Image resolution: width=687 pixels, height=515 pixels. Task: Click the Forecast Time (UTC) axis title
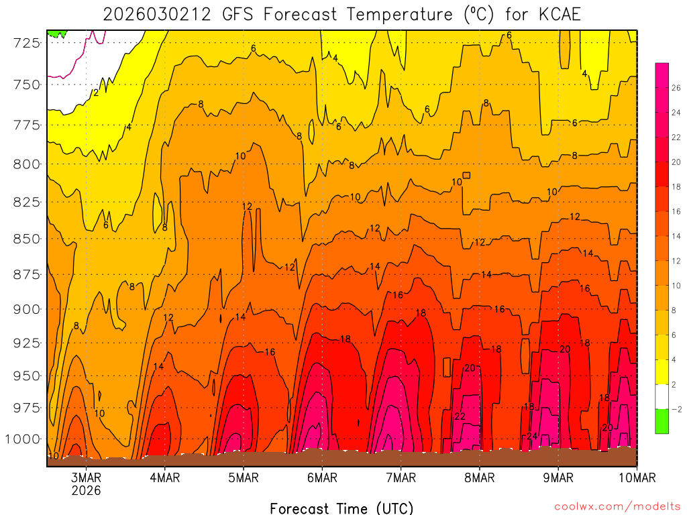[x=341, y=508]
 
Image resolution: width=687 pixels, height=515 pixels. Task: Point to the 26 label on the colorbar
[x=676, y=88]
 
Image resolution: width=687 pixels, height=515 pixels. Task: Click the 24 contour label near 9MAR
[x=532, y=436]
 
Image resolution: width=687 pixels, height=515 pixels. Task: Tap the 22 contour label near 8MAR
[x=460, y=416]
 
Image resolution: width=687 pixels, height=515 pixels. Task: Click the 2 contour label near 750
[x=96, y=93]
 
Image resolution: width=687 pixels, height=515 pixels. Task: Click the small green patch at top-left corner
[x=57, y=33]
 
